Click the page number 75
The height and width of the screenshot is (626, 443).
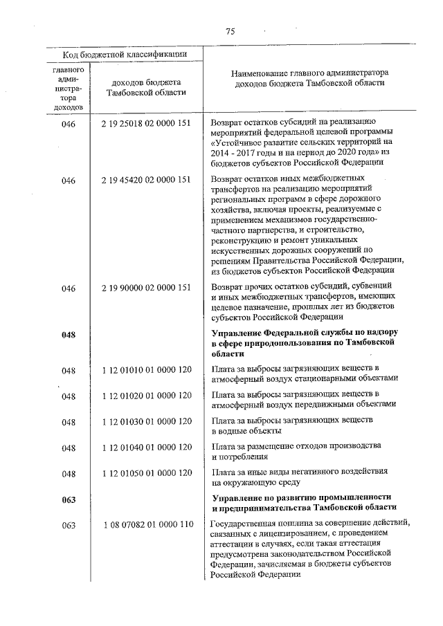tap(230, 30)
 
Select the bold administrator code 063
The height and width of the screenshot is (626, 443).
tap(68, 499)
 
